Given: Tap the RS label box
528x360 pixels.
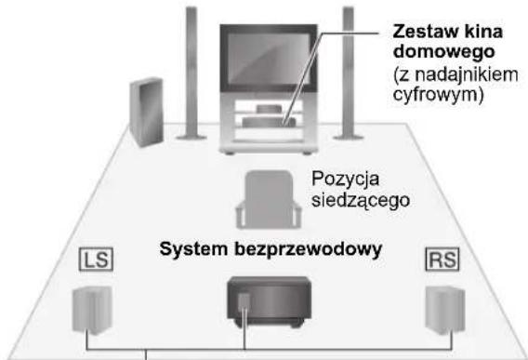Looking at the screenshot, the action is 441,258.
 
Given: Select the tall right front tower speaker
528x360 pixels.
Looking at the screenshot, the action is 349,74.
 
